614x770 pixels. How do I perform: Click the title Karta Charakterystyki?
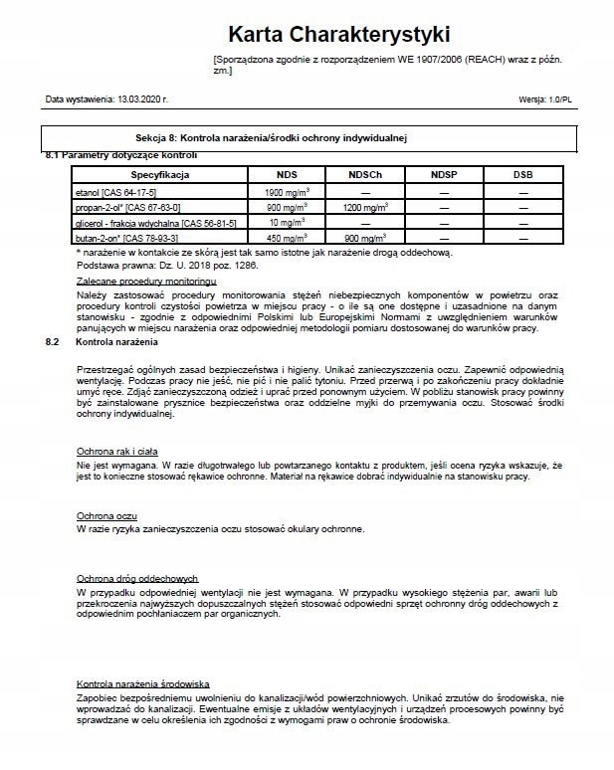[x=339, y=35]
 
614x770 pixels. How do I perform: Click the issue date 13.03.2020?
[x=142, y=99]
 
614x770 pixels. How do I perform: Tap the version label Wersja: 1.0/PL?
[x=545, y=99]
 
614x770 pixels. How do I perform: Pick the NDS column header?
[x=287, y=174]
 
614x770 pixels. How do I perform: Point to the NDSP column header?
[x=444, y=174]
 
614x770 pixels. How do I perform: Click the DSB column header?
[x=522, y=174]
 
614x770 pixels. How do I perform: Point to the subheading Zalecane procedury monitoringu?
[x=132, y=283]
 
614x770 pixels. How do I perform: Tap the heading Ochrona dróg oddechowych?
[x=137, y=578]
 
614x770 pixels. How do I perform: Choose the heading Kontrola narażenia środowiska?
[x=142, y=684]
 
